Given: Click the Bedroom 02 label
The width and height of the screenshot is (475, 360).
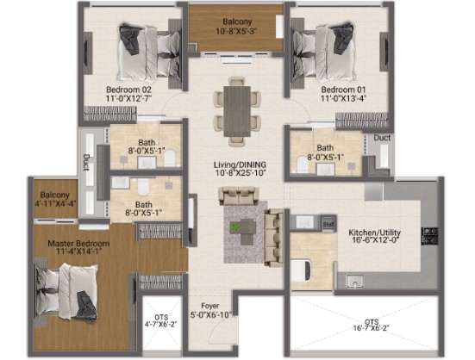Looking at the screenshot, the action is pyautogui.click(x=128, y=90).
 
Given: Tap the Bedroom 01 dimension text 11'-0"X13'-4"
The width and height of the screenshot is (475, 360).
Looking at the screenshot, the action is pyautogui.click(x=343, y=98).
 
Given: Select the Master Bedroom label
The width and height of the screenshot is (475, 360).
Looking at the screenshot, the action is pyautogui.click(x=78, y=244).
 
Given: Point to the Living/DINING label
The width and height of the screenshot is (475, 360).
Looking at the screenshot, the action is pyautogui.click(x=240, y=164).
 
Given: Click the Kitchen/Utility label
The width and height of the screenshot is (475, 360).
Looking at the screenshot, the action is pyautogui.click(x=374, y=233).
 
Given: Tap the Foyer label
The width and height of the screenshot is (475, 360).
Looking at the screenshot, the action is pyautogui.click(x=210, y=306).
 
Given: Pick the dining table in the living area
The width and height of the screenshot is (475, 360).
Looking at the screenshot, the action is pyautogui.click(x=237, y=111).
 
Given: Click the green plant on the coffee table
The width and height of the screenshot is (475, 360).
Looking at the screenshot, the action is pyautogui.click(x=234, y=227).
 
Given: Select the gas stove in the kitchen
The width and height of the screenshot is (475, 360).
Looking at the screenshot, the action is pyautogui.click(x=430, y=236).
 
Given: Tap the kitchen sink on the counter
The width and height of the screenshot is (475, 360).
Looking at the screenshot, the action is pyautogui.click(x=354, y=281).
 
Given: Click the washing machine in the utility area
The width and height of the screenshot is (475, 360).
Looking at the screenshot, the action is pyautogui.click(x=301, y=270).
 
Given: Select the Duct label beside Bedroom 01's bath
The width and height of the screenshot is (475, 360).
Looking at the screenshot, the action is pyautogui.click(x=382, y=138).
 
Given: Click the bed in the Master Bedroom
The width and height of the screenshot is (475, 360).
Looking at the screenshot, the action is pyautogui.click(x=66, y=292).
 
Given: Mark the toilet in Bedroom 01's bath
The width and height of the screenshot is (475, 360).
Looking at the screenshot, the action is pyautogui.click(x=302, y=164).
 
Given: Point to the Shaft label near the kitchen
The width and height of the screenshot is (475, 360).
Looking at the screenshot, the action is pyautogui.click(x=328, y=224).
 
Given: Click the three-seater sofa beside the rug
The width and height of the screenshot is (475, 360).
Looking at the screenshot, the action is pyautogui.click(x=274, y=238).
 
